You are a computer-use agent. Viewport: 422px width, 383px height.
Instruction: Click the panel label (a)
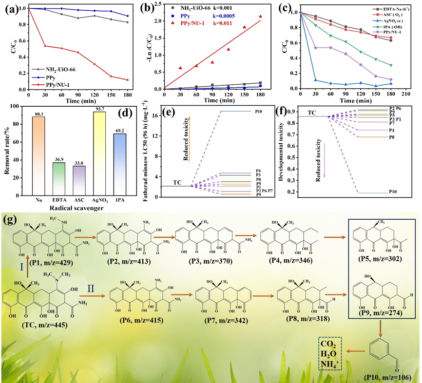(x=9, y=8)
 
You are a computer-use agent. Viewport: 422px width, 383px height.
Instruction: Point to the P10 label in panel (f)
(x=392, y=192)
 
